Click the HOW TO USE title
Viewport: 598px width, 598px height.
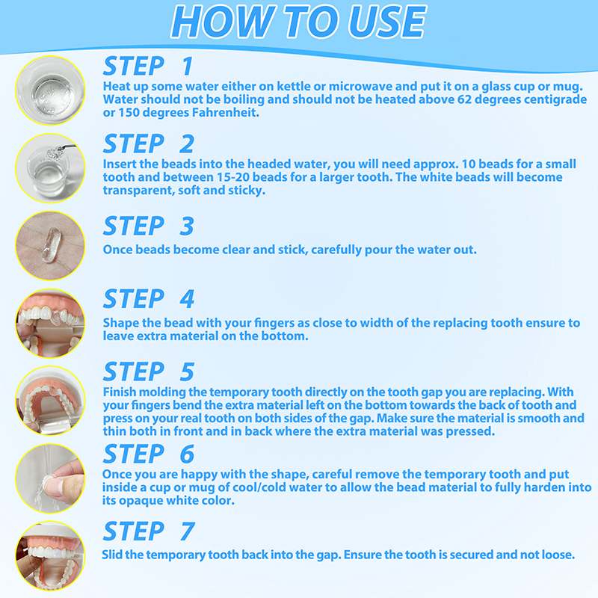[298, 22]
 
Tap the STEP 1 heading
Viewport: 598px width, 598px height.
[148, 66]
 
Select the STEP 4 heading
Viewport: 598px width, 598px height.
[149, 298]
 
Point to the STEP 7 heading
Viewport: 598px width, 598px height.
[149, 531]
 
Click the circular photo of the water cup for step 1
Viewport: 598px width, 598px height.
[50, 90]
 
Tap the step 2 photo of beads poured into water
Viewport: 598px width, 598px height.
[50, 168]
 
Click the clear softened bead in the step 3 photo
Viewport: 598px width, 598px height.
[52, 244]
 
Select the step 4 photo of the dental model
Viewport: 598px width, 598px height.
[50, 323]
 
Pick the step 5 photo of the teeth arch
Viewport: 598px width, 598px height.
[50, 401]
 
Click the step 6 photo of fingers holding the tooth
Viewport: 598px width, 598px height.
[50, 478]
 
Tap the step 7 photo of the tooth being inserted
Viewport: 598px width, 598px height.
[50, 555]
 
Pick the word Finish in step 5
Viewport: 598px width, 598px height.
[120, 392]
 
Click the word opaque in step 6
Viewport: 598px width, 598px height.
[141, 501]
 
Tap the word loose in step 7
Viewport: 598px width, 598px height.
[558, 555]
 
